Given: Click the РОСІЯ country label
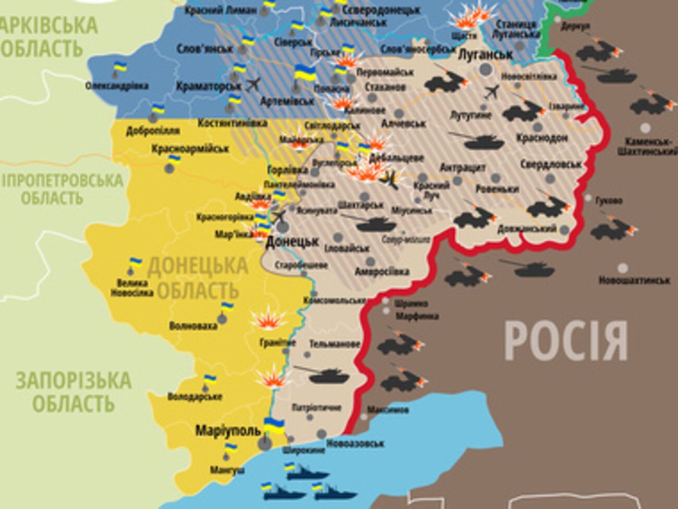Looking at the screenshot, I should (565, 341).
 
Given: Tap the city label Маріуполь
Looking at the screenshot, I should (228, 431).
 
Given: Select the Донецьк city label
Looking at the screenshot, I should (292, 242).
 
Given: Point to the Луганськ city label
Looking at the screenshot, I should (485, 54).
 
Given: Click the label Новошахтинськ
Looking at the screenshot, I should (634, 281).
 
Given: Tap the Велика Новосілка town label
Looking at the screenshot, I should (131, 288).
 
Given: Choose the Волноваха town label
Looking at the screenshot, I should (193, 326).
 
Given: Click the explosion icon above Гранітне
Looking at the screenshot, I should (268, 319).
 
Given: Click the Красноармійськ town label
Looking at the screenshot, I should (190, 149).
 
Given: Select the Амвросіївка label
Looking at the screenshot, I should (382, 272).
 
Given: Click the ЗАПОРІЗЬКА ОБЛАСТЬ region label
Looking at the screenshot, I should (73, 392).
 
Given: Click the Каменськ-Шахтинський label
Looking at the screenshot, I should (647, 147).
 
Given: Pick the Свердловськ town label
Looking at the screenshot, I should (551, 164).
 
